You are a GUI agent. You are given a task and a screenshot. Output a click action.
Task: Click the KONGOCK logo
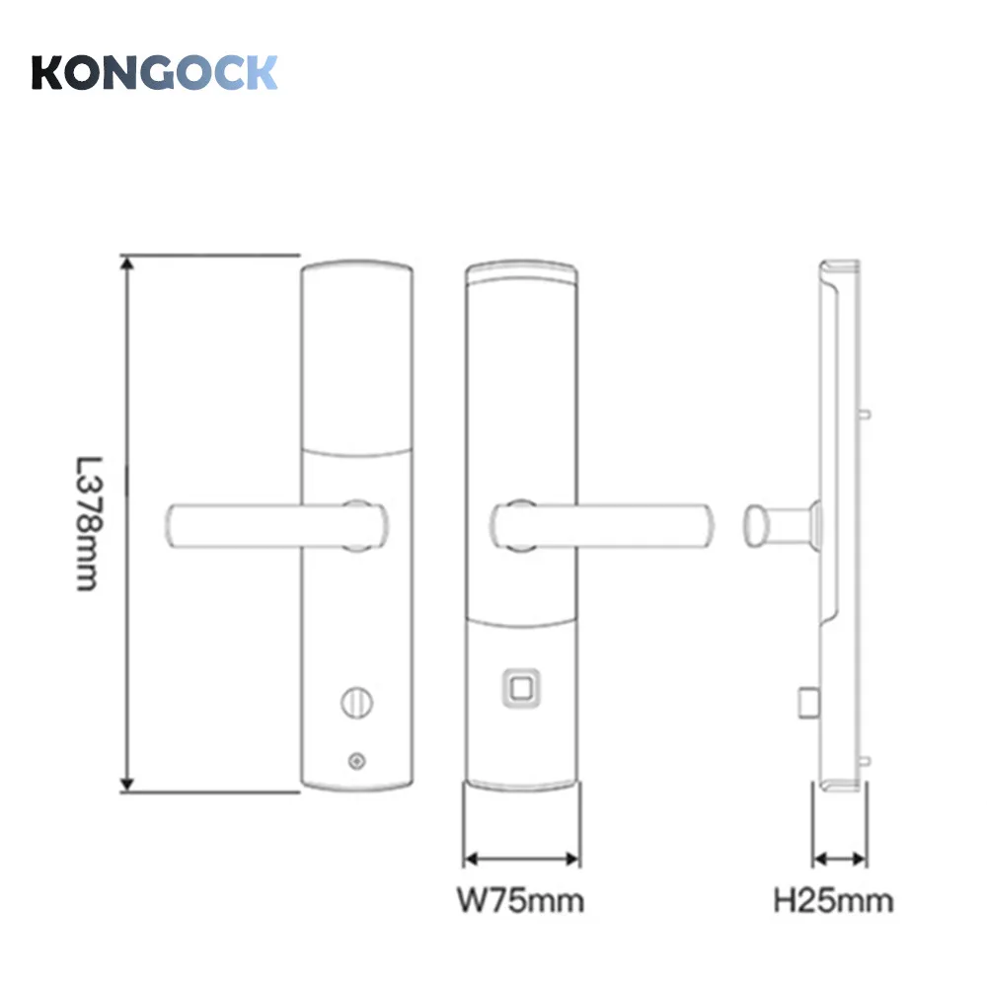point(155,73)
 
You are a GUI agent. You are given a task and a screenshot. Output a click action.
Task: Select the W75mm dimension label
point(519,900)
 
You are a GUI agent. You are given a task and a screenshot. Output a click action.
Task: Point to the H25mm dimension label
point(834,900)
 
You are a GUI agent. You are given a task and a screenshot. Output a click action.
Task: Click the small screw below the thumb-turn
point(355,761)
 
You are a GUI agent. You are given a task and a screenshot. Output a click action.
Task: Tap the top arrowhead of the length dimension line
point(126,261)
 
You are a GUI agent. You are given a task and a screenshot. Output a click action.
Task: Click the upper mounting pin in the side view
point(866,415)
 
